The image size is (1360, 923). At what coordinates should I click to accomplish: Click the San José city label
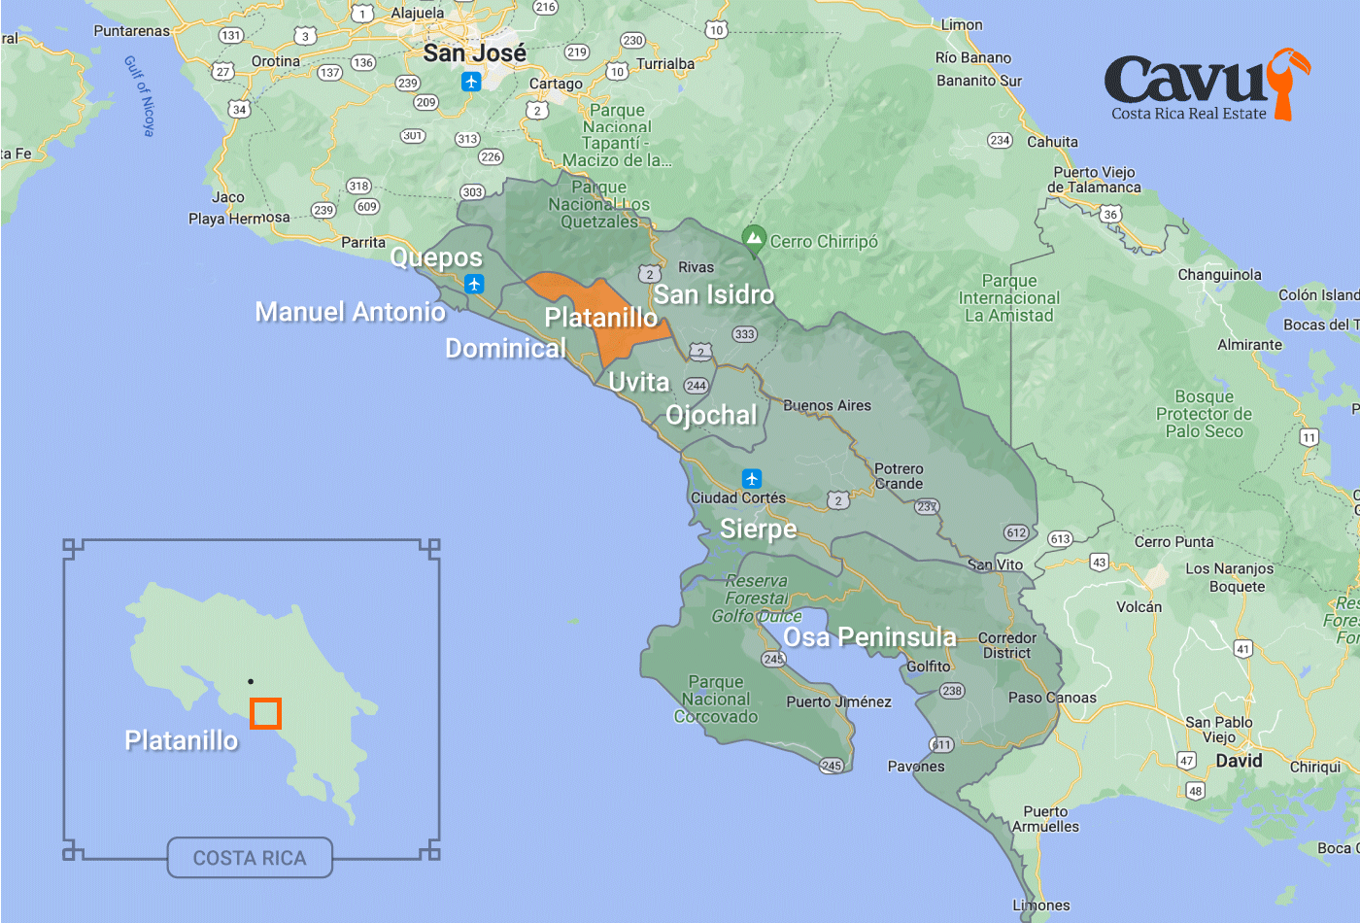click(474, 53)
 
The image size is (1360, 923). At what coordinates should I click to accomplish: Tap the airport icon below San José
click(471, 82)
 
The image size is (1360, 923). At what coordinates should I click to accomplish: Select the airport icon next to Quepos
click(474, 284)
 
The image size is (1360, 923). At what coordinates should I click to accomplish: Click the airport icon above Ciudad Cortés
click(751, 479)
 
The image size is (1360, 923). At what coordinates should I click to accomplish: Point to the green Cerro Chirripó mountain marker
click(754, 238)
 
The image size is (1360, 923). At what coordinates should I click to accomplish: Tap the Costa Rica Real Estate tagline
click(1188, 114)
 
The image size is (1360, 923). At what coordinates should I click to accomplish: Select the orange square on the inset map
click(265, 713)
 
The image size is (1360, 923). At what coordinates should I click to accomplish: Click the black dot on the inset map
click(251, 682)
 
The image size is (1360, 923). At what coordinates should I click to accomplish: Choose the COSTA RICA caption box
click(250, 858)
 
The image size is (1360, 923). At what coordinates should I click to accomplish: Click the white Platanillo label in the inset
click(182, 740)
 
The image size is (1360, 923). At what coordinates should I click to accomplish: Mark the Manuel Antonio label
click(350, 312)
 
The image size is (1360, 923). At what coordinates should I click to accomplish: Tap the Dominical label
click(505, 349)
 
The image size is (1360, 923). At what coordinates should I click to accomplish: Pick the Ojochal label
click(711, 416)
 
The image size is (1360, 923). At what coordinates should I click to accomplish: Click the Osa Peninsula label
click(869, 637)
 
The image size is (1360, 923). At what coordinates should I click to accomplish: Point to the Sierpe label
click(758, 529)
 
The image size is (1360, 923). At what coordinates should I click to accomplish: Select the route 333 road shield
click(744, 334)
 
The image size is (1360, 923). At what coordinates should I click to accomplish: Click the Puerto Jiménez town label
click(838, 701)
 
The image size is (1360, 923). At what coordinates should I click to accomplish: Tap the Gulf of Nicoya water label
click(140, 95)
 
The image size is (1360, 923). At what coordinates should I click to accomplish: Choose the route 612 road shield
click(1016, 532)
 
